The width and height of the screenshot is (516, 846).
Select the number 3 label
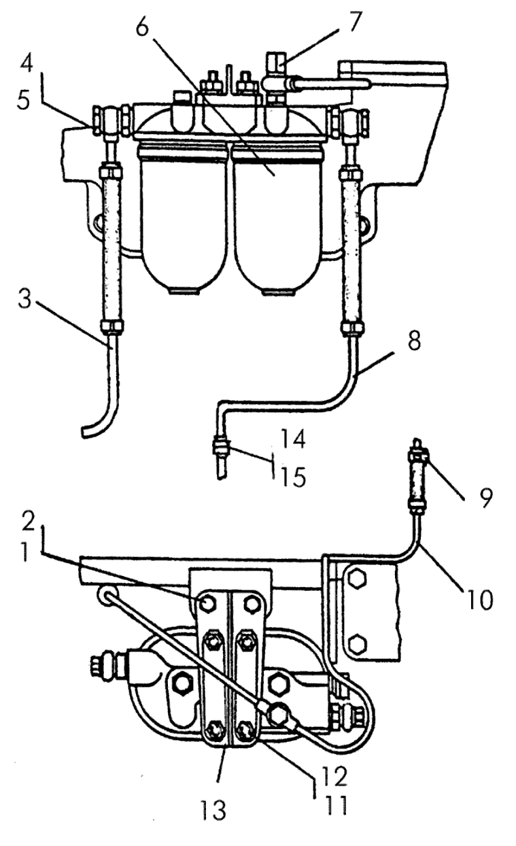coord(25,299)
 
